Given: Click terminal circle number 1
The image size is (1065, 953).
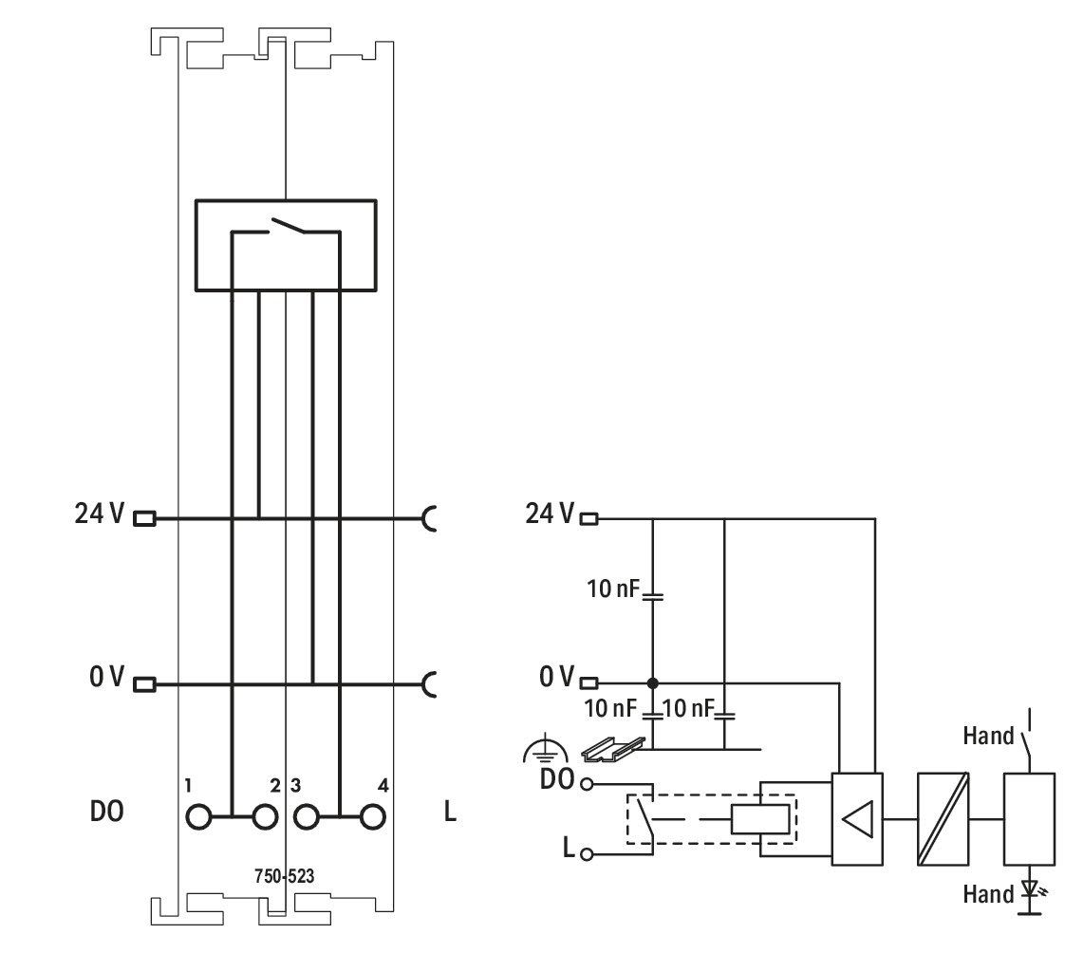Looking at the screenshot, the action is pyautogui.click(x=198, y=816).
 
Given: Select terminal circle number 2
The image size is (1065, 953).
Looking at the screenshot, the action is pyautogui.click(x=265, y=816).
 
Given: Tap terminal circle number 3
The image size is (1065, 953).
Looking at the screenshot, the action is pyautogui.click(x=307, y=816).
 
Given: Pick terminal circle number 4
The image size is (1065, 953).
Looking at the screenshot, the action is pyautogui.click(x=372, y=816).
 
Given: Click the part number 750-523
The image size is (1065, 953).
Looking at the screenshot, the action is pyautogui.click(x=285, y=876).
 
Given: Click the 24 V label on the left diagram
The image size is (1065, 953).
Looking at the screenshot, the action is pyautogui.click(x=99, y=514).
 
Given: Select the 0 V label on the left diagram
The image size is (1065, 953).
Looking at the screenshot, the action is pyautogui.click(x=106, y=677).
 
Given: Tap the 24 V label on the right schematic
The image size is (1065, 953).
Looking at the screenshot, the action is pyautogui.click(x=550, y=514).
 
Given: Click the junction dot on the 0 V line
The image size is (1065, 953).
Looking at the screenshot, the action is pyautogui.click(x=653, y=682).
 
